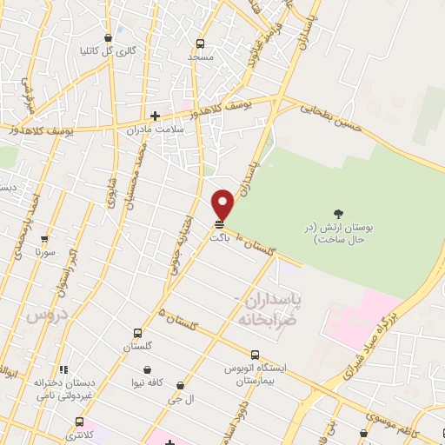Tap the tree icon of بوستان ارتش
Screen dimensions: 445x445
tap(338, 213)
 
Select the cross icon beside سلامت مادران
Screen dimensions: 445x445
tap(155, 115)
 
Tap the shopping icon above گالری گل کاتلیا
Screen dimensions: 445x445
tap(108, 38)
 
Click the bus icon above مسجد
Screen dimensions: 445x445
tap(201, 43)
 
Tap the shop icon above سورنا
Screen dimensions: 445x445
tap(45, 237)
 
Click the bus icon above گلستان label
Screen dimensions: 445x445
tap(137, 333)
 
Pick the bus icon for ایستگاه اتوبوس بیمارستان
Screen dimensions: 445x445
tap(255, 355)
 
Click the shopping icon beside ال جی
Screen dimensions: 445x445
tap(180, 385)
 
